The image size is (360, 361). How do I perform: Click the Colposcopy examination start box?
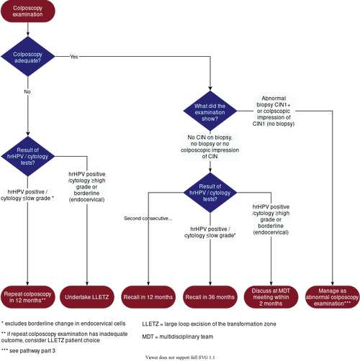[27, 11]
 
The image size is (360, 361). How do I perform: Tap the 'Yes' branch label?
[74, 56]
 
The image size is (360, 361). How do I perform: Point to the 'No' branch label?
[27, 92]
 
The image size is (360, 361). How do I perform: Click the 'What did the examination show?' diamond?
[210, 111]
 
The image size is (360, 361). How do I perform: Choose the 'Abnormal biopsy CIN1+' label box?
[273, 111]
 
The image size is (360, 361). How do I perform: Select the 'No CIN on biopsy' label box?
[210, 146]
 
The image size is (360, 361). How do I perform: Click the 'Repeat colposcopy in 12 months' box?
[27, 297]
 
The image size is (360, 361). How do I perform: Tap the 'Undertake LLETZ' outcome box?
[87, 297]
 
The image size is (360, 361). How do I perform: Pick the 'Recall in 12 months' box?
[148, 297]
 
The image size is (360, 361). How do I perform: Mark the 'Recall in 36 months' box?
[210, 297]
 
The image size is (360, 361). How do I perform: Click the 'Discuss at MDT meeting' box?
[271, 297]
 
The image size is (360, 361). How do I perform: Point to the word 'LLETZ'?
[100, 297]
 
